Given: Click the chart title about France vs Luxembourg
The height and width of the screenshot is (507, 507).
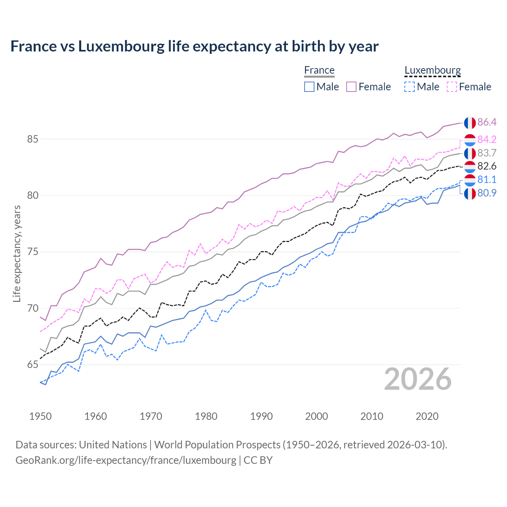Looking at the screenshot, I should tap(194, 46).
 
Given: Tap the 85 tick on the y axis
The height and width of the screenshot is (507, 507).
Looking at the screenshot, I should tap(32, 139).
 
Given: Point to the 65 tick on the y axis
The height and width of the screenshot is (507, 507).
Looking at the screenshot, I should tap(32, 365).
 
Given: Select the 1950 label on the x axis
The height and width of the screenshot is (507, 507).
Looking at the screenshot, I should tap(40, 416).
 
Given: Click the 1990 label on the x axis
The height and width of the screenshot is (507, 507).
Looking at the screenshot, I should tap(261, 416).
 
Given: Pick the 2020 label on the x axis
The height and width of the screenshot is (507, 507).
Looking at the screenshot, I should tap(427, 416).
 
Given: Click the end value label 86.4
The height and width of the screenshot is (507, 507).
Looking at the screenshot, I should tap(487, 122).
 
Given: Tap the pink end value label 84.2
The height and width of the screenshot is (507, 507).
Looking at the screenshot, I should tap(487, 139).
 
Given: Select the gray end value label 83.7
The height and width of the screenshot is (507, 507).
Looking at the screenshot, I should tap(487, 153).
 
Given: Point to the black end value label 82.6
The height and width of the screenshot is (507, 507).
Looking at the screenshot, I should tap(487, 166).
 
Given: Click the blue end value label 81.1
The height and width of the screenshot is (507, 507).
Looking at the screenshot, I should tap(487, 180).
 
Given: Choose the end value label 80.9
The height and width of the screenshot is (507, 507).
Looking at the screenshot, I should tap(487, 193).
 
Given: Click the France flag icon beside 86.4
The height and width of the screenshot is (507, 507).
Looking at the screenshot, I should tap(470, 123).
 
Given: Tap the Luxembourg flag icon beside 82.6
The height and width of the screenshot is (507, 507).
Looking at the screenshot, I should tap(470, 167).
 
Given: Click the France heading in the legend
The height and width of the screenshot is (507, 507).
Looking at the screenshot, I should tap(319, 70).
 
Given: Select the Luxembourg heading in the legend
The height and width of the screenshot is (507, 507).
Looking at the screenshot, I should tap(433, 70).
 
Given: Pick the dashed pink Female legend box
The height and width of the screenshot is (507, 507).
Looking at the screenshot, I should tap(452, 87).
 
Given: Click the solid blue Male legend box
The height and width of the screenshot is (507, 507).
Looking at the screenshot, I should tap(309, 87).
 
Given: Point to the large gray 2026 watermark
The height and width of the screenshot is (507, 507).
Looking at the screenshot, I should tap(418, 379).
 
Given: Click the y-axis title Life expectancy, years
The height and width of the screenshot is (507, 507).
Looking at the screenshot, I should tap(17, 253).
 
